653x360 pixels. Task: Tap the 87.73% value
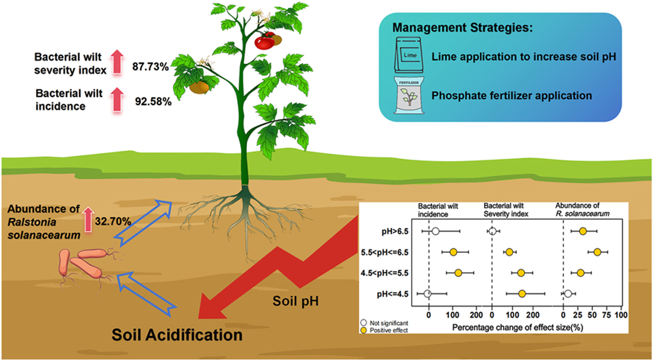pos(150,67)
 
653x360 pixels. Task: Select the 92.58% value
pos(153,101)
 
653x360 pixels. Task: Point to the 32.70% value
pos(113,221)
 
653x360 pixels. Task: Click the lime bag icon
pos(409,55)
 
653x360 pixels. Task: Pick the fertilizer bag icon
pos(409,95)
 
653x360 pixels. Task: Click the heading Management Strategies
pos(462,28)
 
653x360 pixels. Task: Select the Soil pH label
pos(295,301)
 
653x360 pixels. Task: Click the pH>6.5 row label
pos(395,232)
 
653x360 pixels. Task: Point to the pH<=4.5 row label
pos(392,294)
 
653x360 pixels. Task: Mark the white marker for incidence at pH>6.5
pos(435,231)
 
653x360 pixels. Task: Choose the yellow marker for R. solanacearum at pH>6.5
pos(583,231)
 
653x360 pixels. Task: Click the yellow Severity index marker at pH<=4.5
pos(522,294)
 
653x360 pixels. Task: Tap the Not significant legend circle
pos(364,323)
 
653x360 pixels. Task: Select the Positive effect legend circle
pos(364,330)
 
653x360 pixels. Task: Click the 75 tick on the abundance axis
pos(606,315)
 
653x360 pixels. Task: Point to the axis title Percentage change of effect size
pos(518,327)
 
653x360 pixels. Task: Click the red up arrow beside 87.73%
pos(117,62)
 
